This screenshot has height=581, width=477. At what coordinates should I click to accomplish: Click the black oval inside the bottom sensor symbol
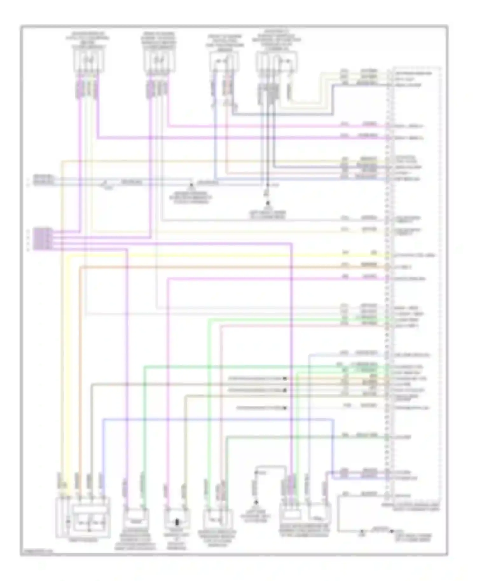coord(177,523)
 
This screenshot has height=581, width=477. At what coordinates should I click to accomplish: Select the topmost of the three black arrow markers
coord(285,379)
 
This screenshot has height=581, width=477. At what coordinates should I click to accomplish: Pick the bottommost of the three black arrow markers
coord(285,408)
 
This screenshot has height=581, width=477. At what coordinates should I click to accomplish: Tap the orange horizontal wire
coord(223,267)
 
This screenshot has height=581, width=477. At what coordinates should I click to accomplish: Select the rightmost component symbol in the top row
coord(276,62)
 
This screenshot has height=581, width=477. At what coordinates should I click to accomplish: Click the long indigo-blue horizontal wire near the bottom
coord(216,419)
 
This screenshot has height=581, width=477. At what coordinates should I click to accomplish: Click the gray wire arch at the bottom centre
coord(270,467)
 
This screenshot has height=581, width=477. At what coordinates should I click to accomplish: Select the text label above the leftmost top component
coord(89,40)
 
